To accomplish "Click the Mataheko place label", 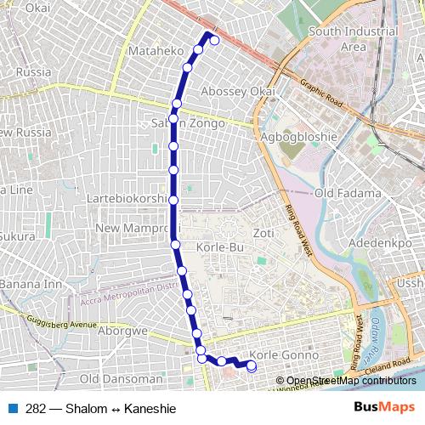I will pyautogui.click(x=155, y=51).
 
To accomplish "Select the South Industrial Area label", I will pyautogui.click(x=353, y=39).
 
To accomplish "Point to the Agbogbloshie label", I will pyautogui.click(x=298, y=136).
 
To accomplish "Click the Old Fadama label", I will pyautogui.click(x=348, y=194).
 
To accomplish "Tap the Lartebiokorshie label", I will pyautogui.click(x=128, y=199).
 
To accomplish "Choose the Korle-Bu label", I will pyautogui.click(x=220, y=246).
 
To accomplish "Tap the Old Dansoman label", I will pyautogui.click(x=120, y=378).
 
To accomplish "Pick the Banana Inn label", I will pyautogui.click(x=31, y=283).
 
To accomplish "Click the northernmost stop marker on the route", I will pyautogui.click(x=214, y=40).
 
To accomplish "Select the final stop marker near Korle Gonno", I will pyautogui.click(x=251, y=366).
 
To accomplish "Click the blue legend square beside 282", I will pyautogui.click(x=15, y=409).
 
